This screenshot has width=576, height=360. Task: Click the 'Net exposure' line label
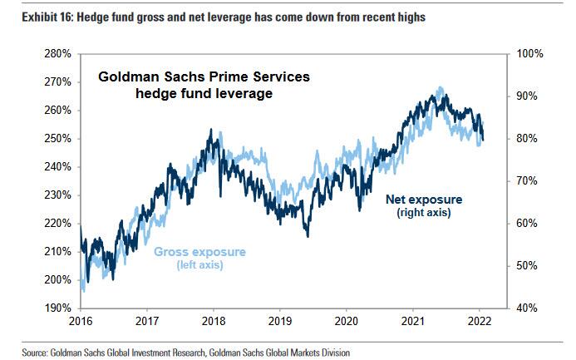(x=423, y=200)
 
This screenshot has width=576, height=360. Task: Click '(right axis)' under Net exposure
(x=424, y=213)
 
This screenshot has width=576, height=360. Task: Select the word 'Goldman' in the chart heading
(x=126, y=77)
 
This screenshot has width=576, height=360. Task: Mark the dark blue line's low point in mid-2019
(x=308, y=235)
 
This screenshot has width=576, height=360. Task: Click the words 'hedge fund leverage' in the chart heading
(x=204, y=94)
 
